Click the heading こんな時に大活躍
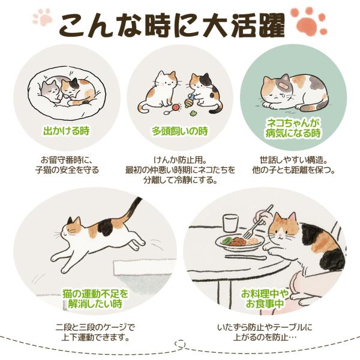[172, 25]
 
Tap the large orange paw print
[309, 22]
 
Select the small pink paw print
[42, 17]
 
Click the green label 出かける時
[67, 131]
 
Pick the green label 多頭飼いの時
[180, 131]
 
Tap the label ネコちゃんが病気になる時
[293, 128]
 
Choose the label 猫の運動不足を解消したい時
[95, 299]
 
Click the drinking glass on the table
[230, 223]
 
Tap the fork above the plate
[257, 222]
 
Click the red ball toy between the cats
[176, 107]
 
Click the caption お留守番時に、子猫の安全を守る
[67, 164]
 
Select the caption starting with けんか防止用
[180, 170]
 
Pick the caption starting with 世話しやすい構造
[293, 164]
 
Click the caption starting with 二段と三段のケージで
[95, 332]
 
